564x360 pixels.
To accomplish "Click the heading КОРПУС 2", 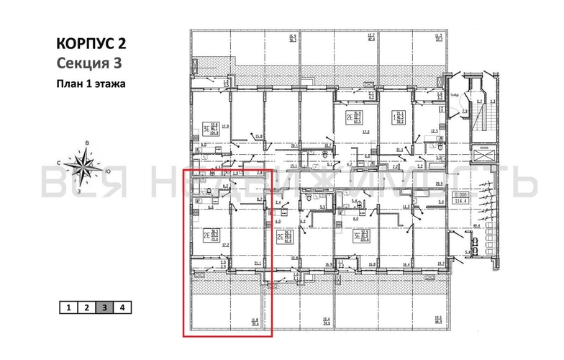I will [92, 43].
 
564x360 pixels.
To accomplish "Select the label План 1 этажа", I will [91, 84].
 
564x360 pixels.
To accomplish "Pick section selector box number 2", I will [86, 307].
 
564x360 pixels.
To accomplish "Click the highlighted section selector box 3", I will [105, 307].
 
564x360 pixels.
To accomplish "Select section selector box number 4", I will [123, 307].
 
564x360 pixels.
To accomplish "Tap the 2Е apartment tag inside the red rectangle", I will [211, 234].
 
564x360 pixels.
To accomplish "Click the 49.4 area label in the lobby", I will [475, 227].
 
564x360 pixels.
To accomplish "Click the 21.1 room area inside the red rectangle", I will [258, 264].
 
